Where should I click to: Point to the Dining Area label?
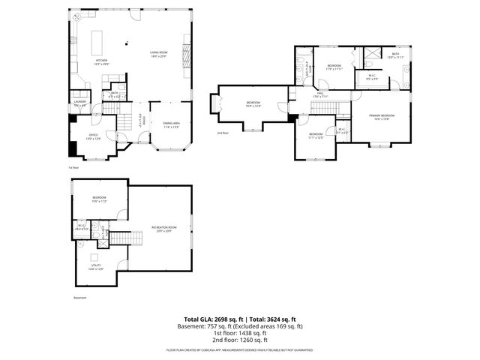tap(172, 125)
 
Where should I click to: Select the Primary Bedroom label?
tap(382, 117)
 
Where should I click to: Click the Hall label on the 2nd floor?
tap(319, 94)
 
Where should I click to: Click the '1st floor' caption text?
tap(73, 168)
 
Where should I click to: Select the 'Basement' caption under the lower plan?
tap(80, 298)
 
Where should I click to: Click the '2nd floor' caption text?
tap(223, 133)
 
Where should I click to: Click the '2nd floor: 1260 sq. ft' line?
tap(239, 338)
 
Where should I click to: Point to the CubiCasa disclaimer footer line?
tap(239, 350)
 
